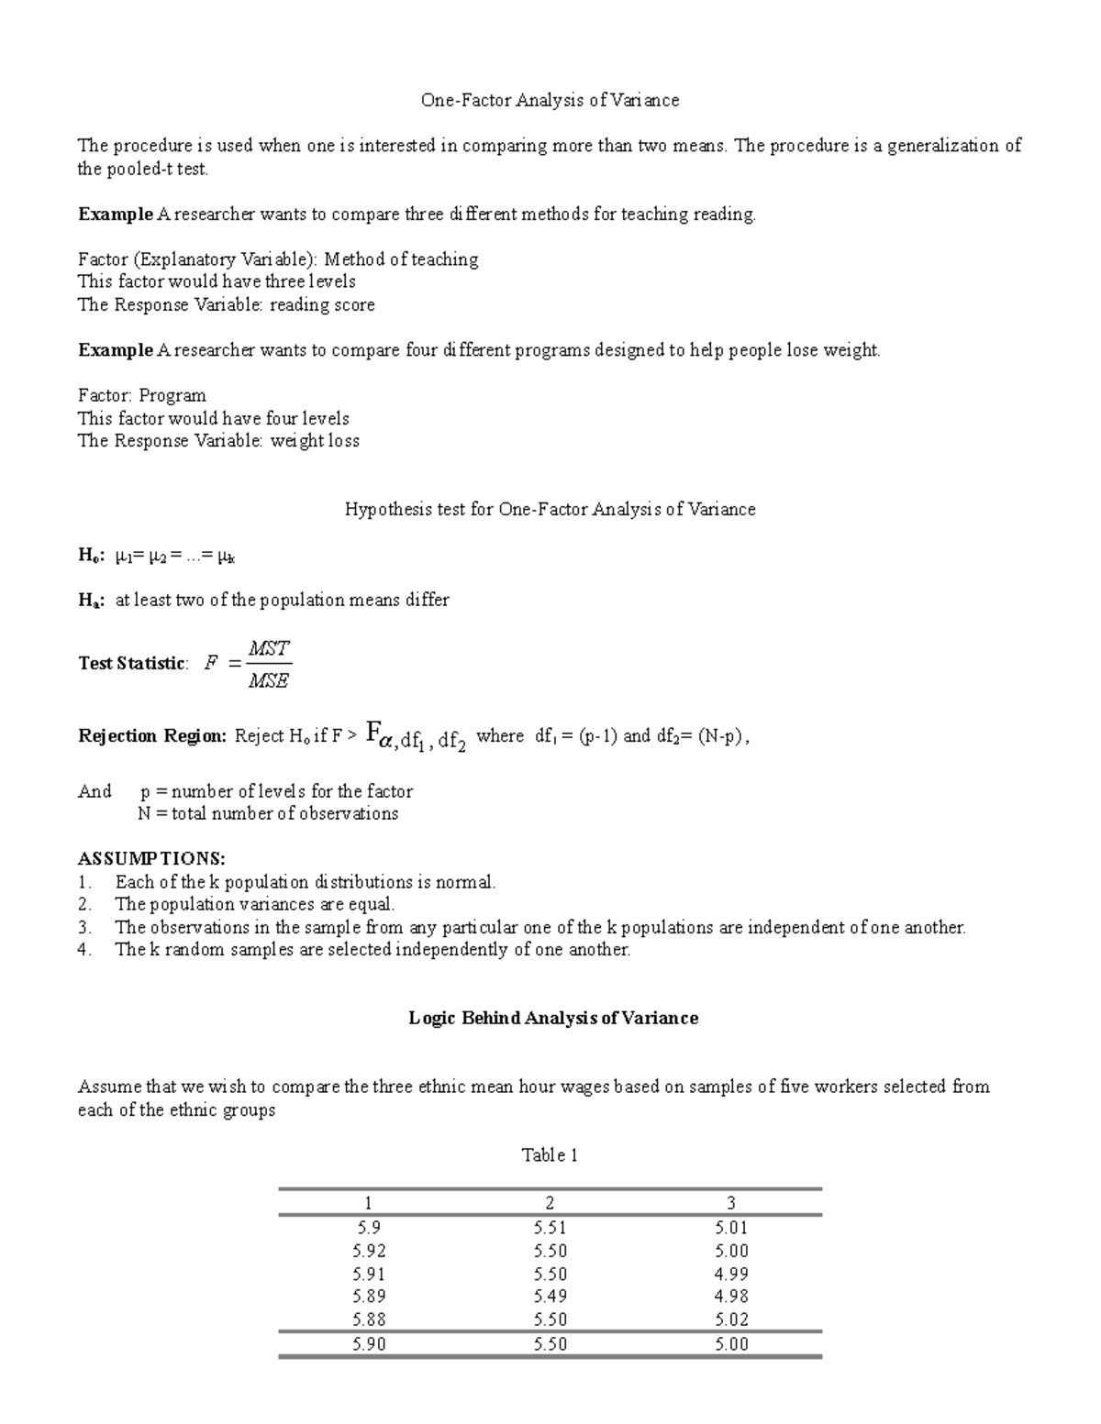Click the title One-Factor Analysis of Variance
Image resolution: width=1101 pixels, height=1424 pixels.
pyautogui.click(x=550, y=101)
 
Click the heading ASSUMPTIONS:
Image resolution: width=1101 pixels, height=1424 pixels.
pyautogui.click(x=151, y=859)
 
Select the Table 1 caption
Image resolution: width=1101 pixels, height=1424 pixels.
pyautogui.click(x=550, y=1155)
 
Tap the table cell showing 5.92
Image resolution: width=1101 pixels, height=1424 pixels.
pyautogui.click(x=369, y=1252)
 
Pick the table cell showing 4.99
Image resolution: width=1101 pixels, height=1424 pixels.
pyautogui.click(x=731, y=1275)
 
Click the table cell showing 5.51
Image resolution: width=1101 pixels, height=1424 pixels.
pyautogui.click(x=550, y=1229)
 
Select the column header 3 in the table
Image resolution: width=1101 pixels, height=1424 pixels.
pyautogui.click(x=731, y=1203)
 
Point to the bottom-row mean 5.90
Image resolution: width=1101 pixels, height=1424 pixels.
pyautogui.click(x=369, y=1344)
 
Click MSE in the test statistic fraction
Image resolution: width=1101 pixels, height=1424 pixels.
pyautogui.click(x=269, y=681)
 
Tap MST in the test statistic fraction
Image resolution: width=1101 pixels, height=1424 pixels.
pyautogui.click(x=270, y=648)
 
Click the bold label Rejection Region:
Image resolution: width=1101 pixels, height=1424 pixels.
pyautogui.click(x=151, y=736)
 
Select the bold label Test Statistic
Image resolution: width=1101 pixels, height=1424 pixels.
pyautogui.click(x=132, y=664)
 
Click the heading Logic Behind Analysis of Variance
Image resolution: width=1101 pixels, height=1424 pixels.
pyautogui.click(x=553, y=1018)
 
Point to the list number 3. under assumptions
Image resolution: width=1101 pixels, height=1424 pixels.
pyautogui.click(x=84, y=928)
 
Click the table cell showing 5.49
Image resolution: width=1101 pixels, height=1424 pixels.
pyautogui.click(x=550, y=1297)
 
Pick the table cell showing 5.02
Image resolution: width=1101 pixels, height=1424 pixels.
pyautogui.click(x=731, y=1320)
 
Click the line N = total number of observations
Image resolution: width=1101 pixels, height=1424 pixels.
pyautogui.click(x=268, y=814)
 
